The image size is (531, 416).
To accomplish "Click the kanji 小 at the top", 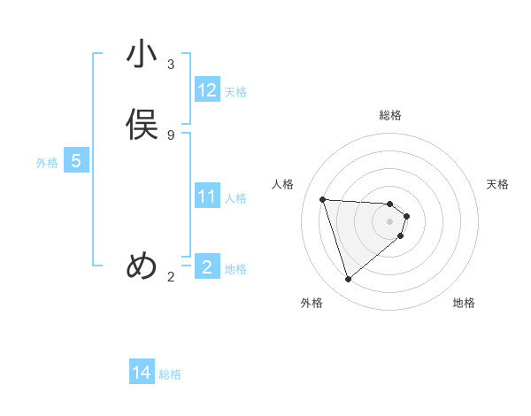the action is click(x=141, y=55).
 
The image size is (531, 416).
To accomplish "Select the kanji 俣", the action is click(x=141, y=125).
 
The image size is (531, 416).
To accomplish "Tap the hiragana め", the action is click(x=142, y=266).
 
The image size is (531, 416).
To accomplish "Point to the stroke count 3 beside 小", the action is click(x=171, y=65).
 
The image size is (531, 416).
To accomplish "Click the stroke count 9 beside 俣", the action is click(x=171, y=135).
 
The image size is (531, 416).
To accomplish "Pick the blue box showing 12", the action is click(x=207, y=90).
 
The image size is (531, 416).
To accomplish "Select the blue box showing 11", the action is click(x=207, y=196).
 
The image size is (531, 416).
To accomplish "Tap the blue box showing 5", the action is click(x=76, y=162).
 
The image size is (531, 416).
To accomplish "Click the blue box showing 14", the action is click(x=142, y=374).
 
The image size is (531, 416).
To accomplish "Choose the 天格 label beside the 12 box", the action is click(x=235, y=92).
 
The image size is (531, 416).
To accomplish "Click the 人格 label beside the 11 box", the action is click(x=235, y=198).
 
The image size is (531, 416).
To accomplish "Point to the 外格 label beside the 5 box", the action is click(x=47, y=163).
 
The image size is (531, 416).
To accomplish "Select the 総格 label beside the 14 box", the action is click(x=170, y=374).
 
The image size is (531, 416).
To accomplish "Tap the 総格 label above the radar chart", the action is click(x=390, y=115).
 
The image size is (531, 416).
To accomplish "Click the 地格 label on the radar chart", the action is click(x=464, y=303).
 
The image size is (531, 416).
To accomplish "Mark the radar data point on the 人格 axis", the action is click(x=323, y=199).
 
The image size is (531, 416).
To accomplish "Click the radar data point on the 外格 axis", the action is click(x=348, y=280).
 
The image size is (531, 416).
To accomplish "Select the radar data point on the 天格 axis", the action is click(x=406, y=215).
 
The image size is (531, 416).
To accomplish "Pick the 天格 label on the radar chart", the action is click(x=497, y=184).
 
